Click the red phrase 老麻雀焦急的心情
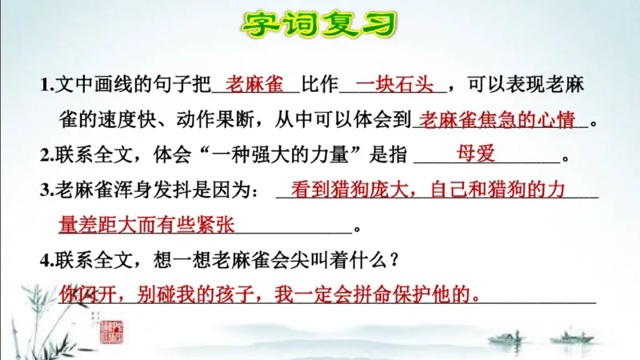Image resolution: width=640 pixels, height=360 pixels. pos(498,119)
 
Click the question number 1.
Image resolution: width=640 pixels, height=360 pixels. pos(45,86)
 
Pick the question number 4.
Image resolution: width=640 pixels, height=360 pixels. pos(45,261)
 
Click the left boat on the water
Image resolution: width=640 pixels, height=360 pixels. pos(506,337)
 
